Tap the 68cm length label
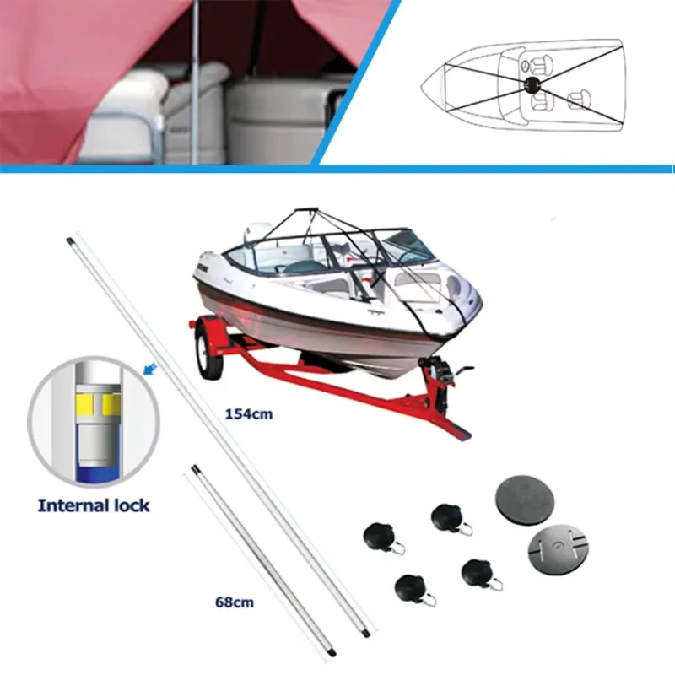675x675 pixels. pyautogui.click(x=234, y=602)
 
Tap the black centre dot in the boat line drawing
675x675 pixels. pyautogui.click(x=532, y=85)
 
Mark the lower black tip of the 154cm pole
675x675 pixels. pyautogui.click(x=364, y=632)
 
